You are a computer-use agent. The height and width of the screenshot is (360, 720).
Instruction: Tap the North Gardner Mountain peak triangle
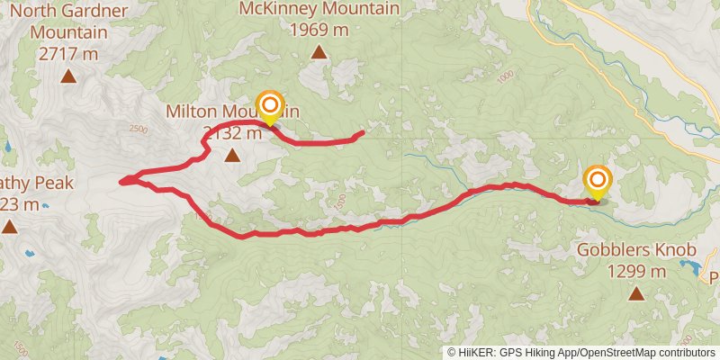click(x=68, y=76)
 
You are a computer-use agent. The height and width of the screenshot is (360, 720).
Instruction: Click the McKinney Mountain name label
click(x=319, y=9)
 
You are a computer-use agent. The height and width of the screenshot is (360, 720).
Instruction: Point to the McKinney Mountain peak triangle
click(x=319, y=52)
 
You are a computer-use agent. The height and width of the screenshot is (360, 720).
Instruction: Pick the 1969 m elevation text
click(x=319, y=30)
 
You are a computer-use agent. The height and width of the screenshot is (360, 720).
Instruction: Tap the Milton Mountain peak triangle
click(x=232, y=156)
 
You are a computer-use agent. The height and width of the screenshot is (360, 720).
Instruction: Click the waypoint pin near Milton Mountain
click(x=270, y=106)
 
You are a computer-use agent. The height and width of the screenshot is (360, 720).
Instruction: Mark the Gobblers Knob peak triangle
click(x=636, y=292)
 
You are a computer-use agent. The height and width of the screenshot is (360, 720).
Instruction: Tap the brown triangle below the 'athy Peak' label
click(x=9, y=226)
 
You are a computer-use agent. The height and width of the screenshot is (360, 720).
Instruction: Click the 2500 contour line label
click(x=138, y=129)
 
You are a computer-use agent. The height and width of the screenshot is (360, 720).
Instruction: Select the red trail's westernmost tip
click(x=121, y=181)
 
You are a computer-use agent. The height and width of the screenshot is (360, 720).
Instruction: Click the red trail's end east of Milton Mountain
click(x=363, y=133)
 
